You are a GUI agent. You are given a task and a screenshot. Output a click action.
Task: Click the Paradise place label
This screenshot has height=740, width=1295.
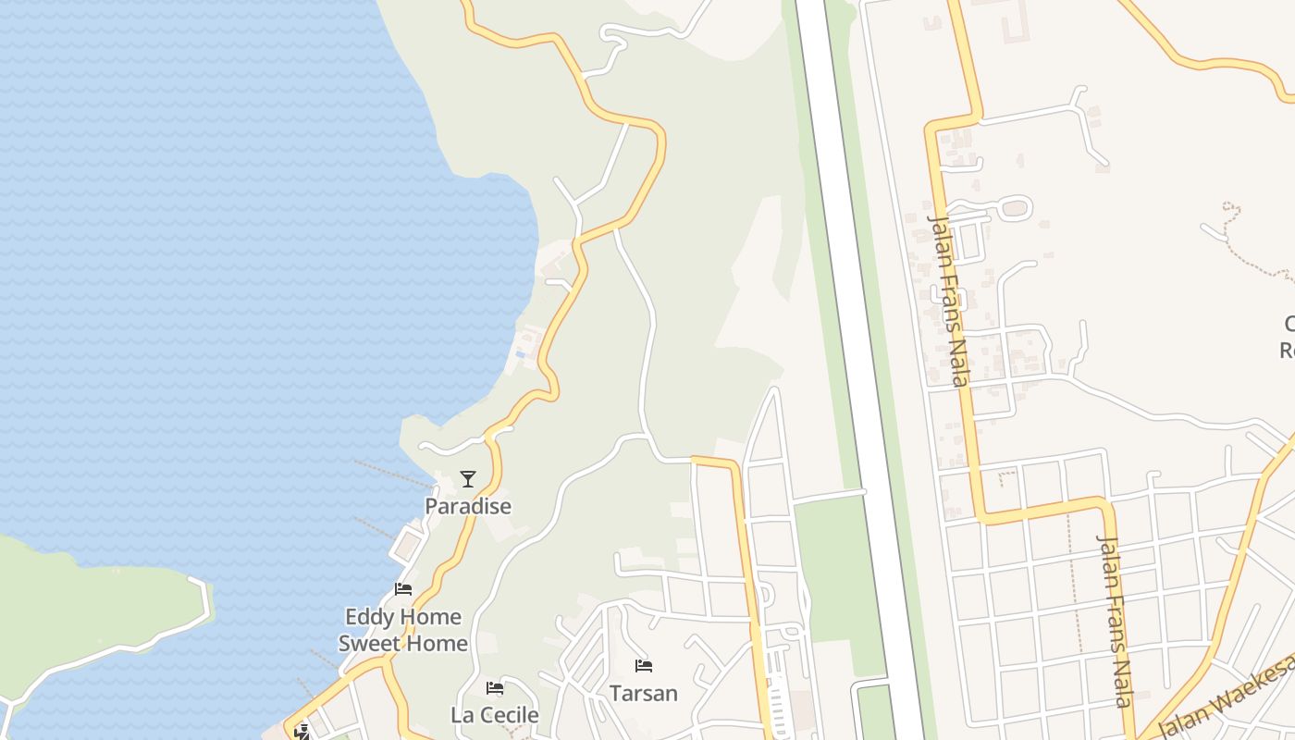(468, 506)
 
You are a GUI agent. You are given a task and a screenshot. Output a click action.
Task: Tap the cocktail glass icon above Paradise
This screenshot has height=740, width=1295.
(468, 479)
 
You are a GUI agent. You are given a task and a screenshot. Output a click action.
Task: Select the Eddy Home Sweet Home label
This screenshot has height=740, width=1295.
(402, 629)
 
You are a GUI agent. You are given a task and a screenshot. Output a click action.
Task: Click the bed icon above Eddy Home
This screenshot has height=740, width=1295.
(403, 588)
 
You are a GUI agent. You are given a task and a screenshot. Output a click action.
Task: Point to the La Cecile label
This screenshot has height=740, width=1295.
(494, 715)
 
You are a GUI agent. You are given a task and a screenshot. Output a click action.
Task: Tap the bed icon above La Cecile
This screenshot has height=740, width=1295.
(495, 688)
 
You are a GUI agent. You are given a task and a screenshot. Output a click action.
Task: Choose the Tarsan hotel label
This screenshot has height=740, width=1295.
(643, 693)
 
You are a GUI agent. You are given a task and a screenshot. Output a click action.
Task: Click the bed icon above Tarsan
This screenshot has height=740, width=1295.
(644, 666)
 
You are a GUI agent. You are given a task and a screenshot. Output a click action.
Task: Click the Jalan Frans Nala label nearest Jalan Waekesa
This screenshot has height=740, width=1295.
(1115, 620)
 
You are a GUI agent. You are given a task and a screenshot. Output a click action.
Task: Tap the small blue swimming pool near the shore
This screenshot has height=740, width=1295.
(521, 354)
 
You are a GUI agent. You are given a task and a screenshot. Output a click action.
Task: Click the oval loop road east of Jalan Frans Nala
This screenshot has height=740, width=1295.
(1015, 208)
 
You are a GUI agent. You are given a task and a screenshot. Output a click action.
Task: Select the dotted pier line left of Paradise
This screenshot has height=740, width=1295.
(393, 473)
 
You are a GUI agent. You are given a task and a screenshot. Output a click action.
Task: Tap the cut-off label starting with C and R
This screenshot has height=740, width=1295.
(1287, 337)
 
